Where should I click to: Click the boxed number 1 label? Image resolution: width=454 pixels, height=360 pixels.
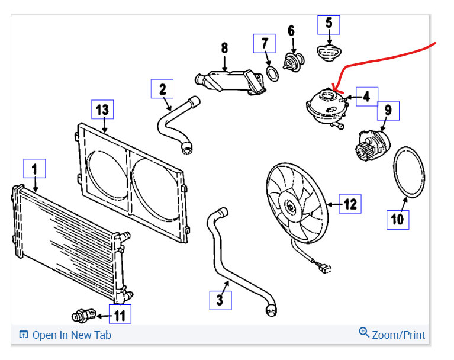tap(34, 169)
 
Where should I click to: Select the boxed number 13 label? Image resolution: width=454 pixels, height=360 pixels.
tap(103, 110)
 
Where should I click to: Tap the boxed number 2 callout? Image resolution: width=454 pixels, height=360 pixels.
tap(162, 89)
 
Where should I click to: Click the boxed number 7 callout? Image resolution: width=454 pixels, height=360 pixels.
tap(265, 44)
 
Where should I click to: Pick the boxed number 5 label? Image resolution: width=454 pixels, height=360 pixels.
tap(329, 24)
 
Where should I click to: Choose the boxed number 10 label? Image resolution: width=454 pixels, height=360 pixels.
tap(397, 220)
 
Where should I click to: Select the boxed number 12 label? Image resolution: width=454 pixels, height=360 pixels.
tap(350, 204)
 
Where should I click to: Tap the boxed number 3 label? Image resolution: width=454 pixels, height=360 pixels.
tap(220, 300)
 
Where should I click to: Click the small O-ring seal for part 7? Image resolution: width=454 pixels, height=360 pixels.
tap(272, 73)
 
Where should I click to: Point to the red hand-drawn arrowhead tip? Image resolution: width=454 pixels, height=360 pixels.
tap(333, 91)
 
